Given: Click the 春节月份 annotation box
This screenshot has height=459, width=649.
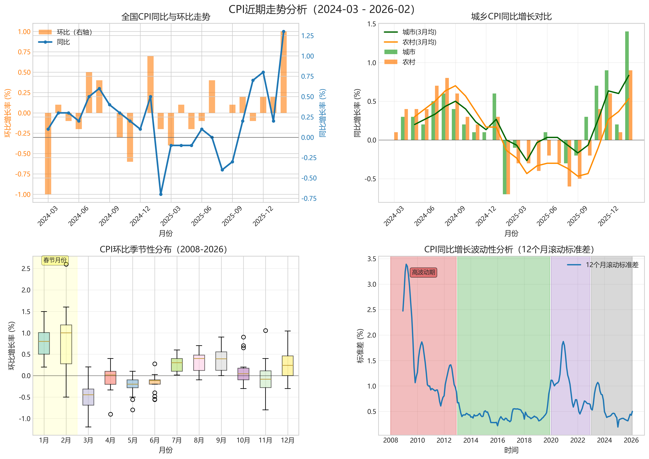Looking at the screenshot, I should pyautogui.click(x=55, y=260).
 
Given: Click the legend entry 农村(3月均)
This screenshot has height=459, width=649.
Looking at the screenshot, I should pyautogui.click(x=419, y=42).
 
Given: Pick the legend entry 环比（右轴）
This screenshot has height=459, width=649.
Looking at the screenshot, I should pyautogui.click(x=74, y=32).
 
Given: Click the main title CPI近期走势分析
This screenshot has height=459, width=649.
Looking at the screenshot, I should pyautogui.click(x=322, y=9).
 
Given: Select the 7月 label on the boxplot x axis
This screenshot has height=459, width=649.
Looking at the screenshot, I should pyautogui.click(x=177, y=440).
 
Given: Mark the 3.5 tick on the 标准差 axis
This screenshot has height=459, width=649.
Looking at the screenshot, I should pyautogui.click(x=372, y=259).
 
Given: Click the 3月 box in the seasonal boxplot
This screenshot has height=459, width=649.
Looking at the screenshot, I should pyautogui.click(x=88, y=397).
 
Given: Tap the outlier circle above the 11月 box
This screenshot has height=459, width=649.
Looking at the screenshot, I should pyautogui.click(x=266, y=330).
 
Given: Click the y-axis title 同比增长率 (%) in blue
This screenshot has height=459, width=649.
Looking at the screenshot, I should pyautogui.click(x=323, y=113).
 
